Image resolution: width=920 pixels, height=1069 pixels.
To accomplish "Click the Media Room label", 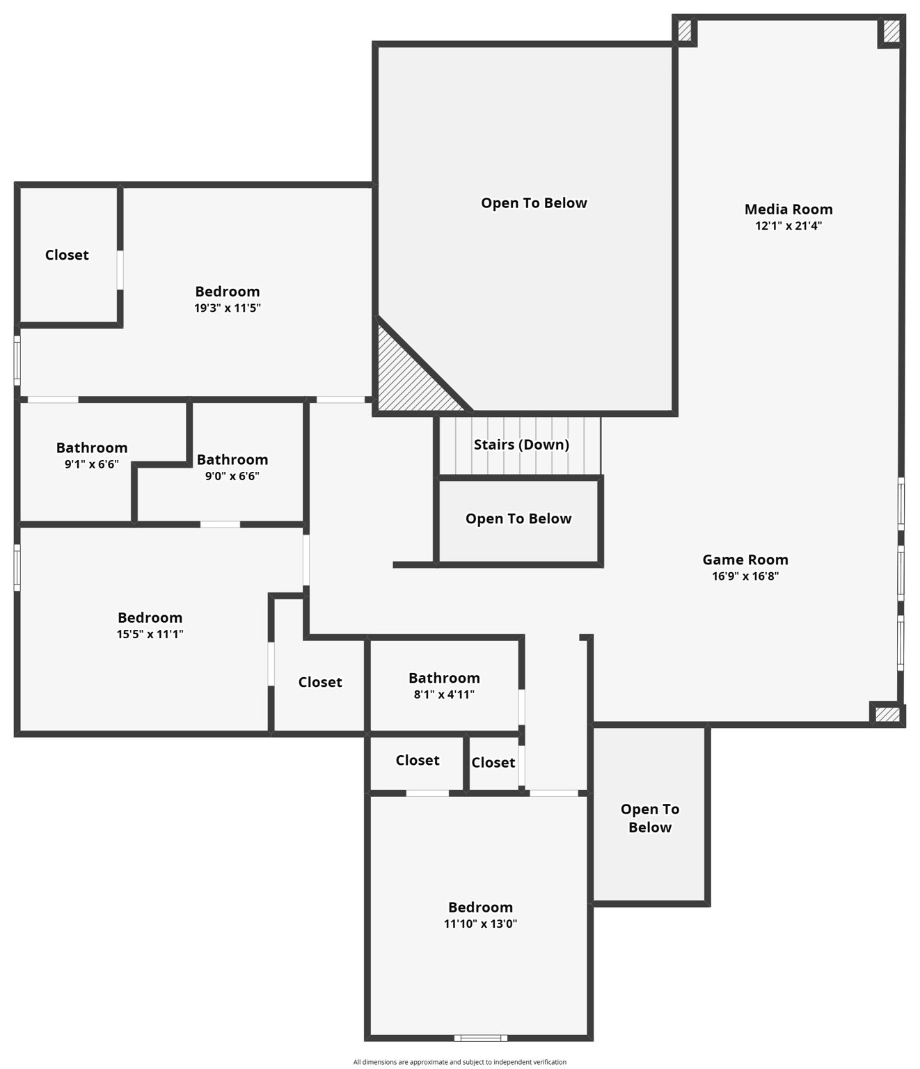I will [x=788, y=209].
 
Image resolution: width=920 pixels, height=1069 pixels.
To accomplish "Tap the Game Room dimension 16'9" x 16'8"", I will [x=745, y=576].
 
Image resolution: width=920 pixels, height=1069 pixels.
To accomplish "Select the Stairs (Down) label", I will [x=521, y=444].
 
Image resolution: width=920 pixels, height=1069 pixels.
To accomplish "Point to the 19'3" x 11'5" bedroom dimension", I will [x=227, y=308].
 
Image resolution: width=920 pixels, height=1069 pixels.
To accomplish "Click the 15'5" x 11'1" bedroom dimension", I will [x=150, y=634].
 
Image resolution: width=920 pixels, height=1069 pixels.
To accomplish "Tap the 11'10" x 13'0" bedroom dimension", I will [x=480, y=924].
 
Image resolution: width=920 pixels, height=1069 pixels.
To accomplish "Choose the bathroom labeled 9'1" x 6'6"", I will [x=92, y=455].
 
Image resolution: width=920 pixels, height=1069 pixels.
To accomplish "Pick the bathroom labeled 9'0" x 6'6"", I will [x=232, y=467].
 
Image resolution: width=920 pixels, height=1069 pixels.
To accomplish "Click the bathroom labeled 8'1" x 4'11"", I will [x=444, y=686].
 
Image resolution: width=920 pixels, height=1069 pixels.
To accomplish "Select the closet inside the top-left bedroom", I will [x=67, y=255].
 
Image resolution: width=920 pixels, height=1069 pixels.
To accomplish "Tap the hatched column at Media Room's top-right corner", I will [x=891, y=31].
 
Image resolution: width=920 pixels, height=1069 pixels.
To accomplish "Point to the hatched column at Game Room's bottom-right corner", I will [x=887, y=714].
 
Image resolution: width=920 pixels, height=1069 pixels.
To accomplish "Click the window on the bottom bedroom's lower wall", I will [x=481, y=1038].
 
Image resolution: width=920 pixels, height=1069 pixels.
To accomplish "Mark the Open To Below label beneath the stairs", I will [x=518, y=518].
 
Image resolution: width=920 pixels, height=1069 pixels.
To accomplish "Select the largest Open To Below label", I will [x=534, y=203].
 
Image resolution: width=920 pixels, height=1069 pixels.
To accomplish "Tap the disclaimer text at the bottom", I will [x=459, y=1062].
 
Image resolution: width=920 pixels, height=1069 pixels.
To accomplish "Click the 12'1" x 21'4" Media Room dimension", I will [x=788, y=225].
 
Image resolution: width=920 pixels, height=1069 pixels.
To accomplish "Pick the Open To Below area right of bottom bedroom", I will [x=650, y=818].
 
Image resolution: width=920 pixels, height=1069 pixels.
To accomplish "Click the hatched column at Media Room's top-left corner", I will [x=684, y=31].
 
